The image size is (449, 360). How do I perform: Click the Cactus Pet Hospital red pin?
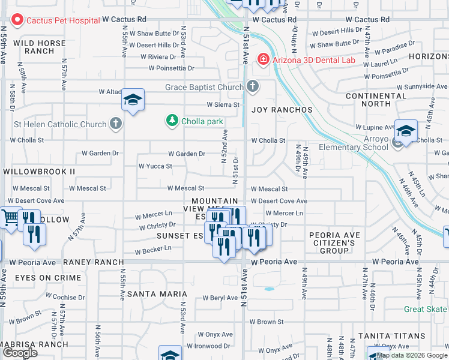pos(16,20)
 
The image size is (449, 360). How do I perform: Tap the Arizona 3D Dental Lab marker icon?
pos(262,59)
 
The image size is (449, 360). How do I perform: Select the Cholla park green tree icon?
pos(172,121)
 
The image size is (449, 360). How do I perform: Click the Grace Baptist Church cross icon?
pos(253,87)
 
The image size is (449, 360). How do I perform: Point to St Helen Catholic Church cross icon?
pos(116,124)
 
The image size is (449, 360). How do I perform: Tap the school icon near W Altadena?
pos(133,99)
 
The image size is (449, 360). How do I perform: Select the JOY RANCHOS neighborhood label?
pos(273,110)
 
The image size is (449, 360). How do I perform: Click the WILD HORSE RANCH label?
pos(39,47)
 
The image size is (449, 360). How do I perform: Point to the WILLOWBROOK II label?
pos(39,172)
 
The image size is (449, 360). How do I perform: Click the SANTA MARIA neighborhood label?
pos(157,294)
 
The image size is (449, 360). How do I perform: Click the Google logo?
pos(20,352)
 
